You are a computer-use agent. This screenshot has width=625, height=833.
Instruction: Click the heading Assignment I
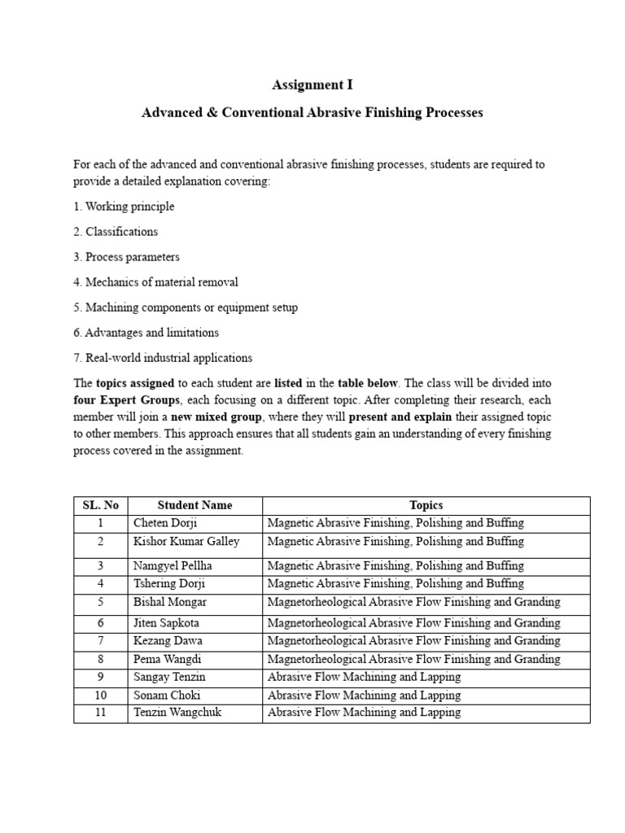(x=312, y=85)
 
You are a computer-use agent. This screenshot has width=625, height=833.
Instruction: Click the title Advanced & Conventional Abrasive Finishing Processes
(x=312, y=112)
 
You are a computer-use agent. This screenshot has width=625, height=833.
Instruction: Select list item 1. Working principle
(x=124, y=207)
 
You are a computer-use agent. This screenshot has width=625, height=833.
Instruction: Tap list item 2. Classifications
(x=116, y=232)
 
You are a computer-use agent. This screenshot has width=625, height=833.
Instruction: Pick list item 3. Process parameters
(x=126, y=257)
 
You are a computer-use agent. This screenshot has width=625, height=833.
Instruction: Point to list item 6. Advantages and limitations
(x=146, y=333)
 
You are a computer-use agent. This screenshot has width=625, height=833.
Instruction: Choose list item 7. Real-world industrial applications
(x=163, y=358)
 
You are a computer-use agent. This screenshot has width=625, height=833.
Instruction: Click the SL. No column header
(x=101, y=505)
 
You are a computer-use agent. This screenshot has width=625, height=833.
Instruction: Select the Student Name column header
(x=194, y=505)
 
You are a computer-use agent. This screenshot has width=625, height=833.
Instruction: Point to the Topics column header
(x=426, y=505)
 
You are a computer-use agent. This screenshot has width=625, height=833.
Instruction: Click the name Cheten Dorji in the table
(x=165, y=523)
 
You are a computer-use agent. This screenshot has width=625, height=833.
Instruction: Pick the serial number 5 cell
(x=101, y=603)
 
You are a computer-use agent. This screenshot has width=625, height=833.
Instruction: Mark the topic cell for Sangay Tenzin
(x=364, y=677)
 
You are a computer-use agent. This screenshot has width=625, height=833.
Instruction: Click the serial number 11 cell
(x=101, y=713)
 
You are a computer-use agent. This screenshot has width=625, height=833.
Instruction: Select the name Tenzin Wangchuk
(x=177, y=713)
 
